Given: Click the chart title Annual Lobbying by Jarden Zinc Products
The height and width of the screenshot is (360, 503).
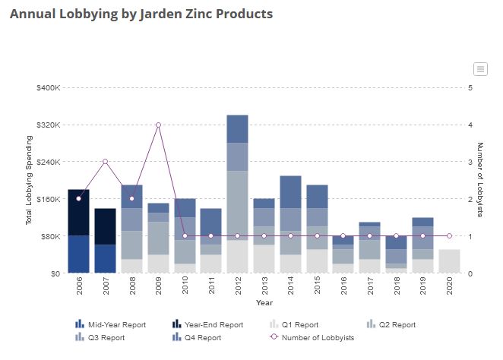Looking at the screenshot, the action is click(x=141, y=14).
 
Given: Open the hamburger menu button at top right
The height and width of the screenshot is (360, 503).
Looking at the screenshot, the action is click(x=480, y=69).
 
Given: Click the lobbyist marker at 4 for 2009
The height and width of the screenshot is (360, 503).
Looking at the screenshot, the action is click(x=158, y=125).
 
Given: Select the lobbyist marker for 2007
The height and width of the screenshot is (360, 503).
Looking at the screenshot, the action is click(x=105, y=162).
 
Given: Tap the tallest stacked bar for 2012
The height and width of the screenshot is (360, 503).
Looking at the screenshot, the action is click(x=237, y=194).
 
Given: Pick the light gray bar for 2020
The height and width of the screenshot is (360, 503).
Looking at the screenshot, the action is click(x=449, y=261).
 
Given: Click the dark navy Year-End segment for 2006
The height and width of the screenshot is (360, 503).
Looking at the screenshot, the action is click(x=78, y=213).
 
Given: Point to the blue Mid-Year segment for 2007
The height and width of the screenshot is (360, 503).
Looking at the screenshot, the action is click(x=105, y=259).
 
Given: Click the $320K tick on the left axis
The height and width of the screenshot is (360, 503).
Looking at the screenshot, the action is click(x=49, y=125).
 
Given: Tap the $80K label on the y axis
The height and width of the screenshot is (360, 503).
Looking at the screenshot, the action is click(x=51, y=236).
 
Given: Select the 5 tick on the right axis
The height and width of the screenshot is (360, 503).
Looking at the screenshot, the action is click(x=470, y=87).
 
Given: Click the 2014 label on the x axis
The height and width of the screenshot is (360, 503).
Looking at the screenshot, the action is click(x=291, y=286).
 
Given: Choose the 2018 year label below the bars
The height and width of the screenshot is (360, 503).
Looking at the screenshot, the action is click(x=397, y=286).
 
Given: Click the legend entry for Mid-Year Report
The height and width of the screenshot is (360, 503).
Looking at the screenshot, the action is click(x=111, y=324).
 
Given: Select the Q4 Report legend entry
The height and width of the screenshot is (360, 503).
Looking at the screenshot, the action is click(x=197, y=337).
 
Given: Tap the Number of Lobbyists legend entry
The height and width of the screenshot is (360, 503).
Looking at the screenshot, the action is click(x=312, y=337).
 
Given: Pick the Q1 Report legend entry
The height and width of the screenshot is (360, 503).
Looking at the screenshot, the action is click(x=294, y=324).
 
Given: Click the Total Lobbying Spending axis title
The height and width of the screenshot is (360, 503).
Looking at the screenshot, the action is click(x=29, y=180).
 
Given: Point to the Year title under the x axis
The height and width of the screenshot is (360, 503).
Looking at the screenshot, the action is click(x=264, y=302).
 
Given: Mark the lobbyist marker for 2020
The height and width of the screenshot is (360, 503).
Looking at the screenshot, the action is click(x=449, y=235).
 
